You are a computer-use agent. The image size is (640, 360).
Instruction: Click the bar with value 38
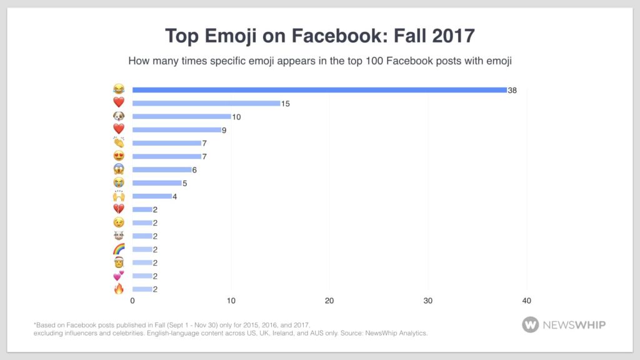point(319,90)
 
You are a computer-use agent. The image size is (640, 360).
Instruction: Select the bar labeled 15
point(206,103)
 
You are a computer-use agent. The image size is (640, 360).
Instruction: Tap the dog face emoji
point(119,116)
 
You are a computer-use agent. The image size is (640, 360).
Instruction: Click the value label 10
point(236,117)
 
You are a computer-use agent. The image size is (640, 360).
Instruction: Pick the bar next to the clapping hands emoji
point(167,143)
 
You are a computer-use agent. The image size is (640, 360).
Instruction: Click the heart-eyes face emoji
point(119,156)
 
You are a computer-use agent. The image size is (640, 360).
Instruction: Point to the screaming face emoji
point(119,169)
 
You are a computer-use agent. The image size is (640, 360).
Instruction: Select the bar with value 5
point(157,183)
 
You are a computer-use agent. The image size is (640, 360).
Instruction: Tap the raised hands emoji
point(119,196)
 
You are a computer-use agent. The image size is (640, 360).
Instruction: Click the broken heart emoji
point(119,209)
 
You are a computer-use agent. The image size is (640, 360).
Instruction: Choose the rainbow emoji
point(119,249)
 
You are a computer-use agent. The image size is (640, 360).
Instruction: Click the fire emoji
point(119,289)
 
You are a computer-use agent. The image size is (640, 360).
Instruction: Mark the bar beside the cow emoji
point(142,236)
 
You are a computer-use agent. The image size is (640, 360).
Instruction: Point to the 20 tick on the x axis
point(329,301)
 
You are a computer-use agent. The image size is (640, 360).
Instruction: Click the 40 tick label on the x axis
point(526,301)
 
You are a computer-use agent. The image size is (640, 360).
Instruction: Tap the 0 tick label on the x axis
point(132,301)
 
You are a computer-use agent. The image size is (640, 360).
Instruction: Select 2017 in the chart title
point(452,36)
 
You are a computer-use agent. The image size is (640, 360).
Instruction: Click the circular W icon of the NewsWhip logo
point(531,324)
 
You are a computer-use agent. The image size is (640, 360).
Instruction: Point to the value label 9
point(226,130)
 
